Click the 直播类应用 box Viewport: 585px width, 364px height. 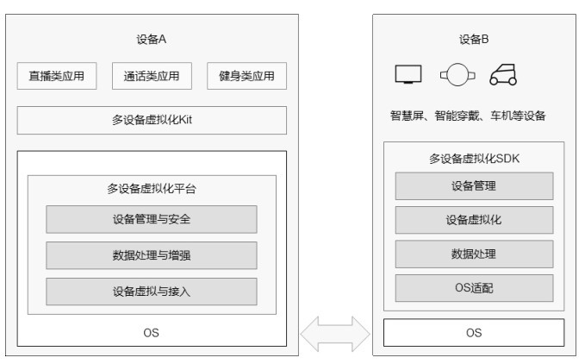coord(57,76)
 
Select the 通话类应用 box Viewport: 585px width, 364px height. coord(152,76)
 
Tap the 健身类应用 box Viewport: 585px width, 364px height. coord(246,76)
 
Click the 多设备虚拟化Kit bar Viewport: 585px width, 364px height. coord(152,120)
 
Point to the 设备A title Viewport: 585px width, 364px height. coord(151,39)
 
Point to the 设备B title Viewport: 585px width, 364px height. coord(474,39)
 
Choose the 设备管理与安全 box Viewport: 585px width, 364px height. coord(152,219)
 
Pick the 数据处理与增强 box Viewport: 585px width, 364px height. coord(152,255)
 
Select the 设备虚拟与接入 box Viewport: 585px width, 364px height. coord(152,292)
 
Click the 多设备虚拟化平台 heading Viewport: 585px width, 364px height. coord(152,189)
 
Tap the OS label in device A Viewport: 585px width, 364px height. coord(151,333)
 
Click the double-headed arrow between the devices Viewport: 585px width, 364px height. coord(335,334)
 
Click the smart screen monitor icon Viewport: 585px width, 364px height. coord(408,74)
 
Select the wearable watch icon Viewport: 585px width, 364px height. coord(457,75)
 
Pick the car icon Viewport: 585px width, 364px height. coord(503,75)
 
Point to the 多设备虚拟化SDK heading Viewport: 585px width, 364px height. coord(474,159)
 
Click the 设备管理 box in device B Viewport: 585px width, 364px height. coord(474,186)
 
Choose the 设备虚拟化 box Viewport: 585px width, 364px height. coord(474,220)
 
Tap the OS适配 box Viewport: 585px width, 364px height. coord(474,288)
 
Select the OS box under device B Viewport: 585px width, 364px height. coord(474,333)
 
